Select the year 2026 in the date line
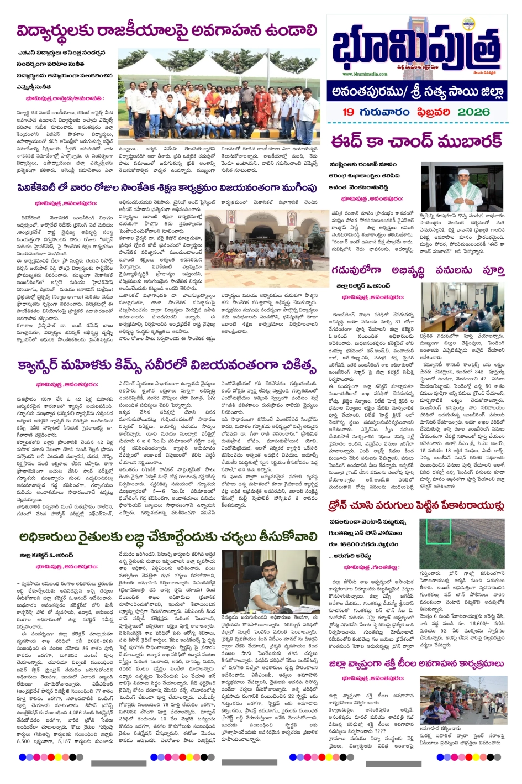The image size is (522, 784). (x=473, y=112)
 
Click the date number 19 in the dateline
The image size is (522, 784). (x=348, y=112)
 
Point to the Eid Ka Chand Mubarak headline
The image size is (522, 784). (x=417, y=142)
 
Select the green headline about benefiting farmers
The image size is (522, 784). (x=167, y=536)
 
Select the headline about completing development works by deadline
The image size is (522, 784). (x=418, y=270)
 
